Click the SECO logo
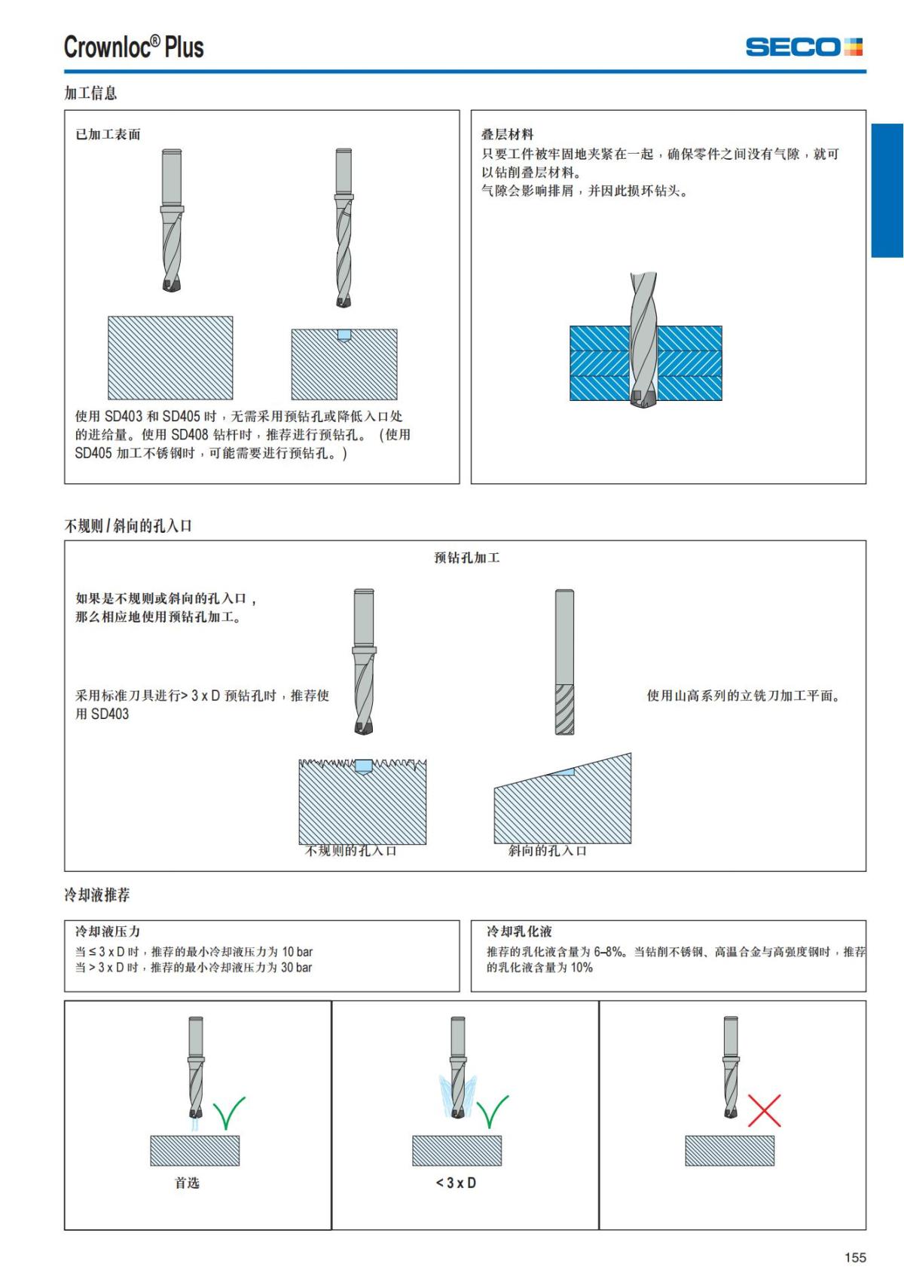click(804, 47)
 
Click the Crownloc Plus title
click(133, 47)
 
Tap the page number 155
click(855, 1257)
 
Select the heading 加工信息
click(90, 93)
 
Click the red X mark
click(764, 1110)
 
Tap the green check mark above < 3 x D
click(493, 1112)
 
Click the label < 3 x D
click(456, 1183)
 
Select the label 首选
click(187, 1183)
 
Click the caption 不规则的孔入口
click(350, 851)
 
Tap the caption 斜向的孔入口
click(548, 851)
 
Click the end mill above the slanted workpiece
click(564, 661)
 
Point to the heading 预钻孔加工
click(467, 558)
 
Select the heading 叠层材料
click(507, 134)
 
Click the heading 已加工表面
click(108, 134)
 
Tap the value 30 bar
click(296, 968)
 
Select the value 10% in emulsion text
click(581, 968)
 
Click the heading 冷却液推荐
click(97, 895)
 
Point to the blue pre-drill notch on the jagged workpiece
click(363, 766)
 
